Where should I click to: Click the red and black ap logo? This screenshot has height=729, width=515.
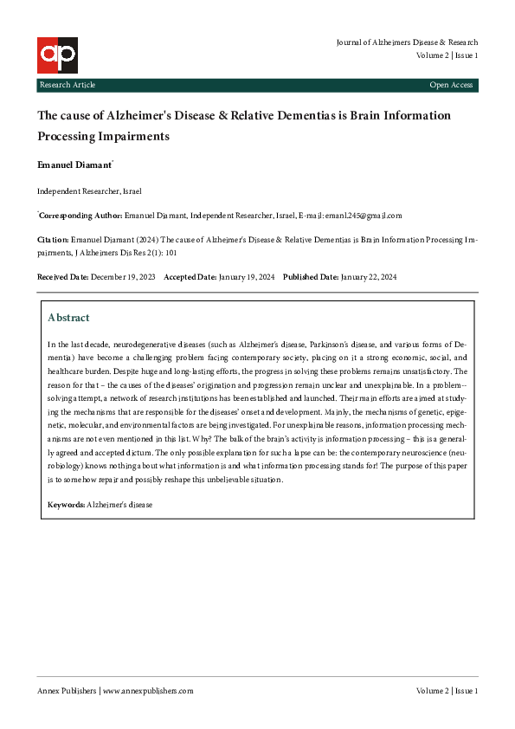click(57, 55)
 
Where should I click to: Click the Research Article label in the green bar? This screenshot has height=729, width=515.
click(67, 85)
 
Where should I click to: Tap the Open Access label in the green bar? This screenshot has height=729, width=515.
click(451, 85)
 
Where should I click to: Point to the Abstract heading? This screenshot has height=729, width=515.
click(68, 318)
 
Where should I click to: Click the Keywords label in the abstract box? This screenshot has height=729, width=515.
click(66, 503)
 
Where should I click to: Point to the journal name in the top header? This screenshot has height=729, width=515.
click(406, 42)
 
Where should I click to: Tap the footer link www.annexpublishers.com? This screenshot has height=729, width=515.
click(149, 691)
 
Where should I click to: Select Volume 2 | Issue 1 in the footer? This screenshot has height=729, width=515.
click(447, 691)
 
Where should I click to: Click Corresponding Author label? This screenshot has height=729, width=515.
click(80, 216)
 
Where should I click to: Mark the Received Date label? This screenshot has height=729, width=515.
click(62, 276)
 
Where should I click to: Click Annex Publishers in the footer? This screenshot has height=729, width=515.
click(66, 691)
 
